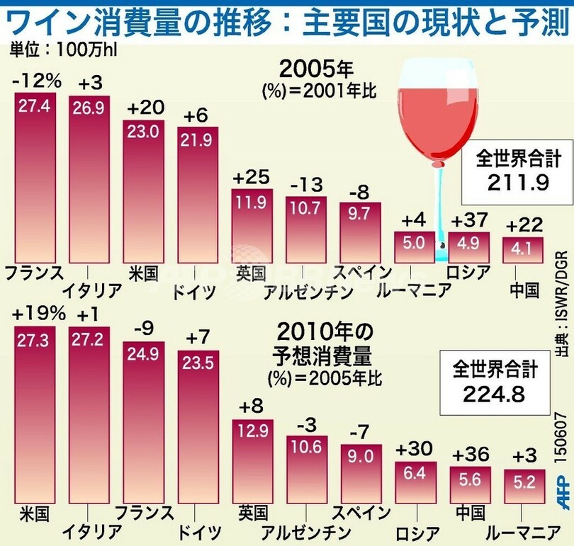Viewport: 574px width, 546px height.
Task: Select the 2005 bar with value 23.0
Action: coord(144,191)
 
